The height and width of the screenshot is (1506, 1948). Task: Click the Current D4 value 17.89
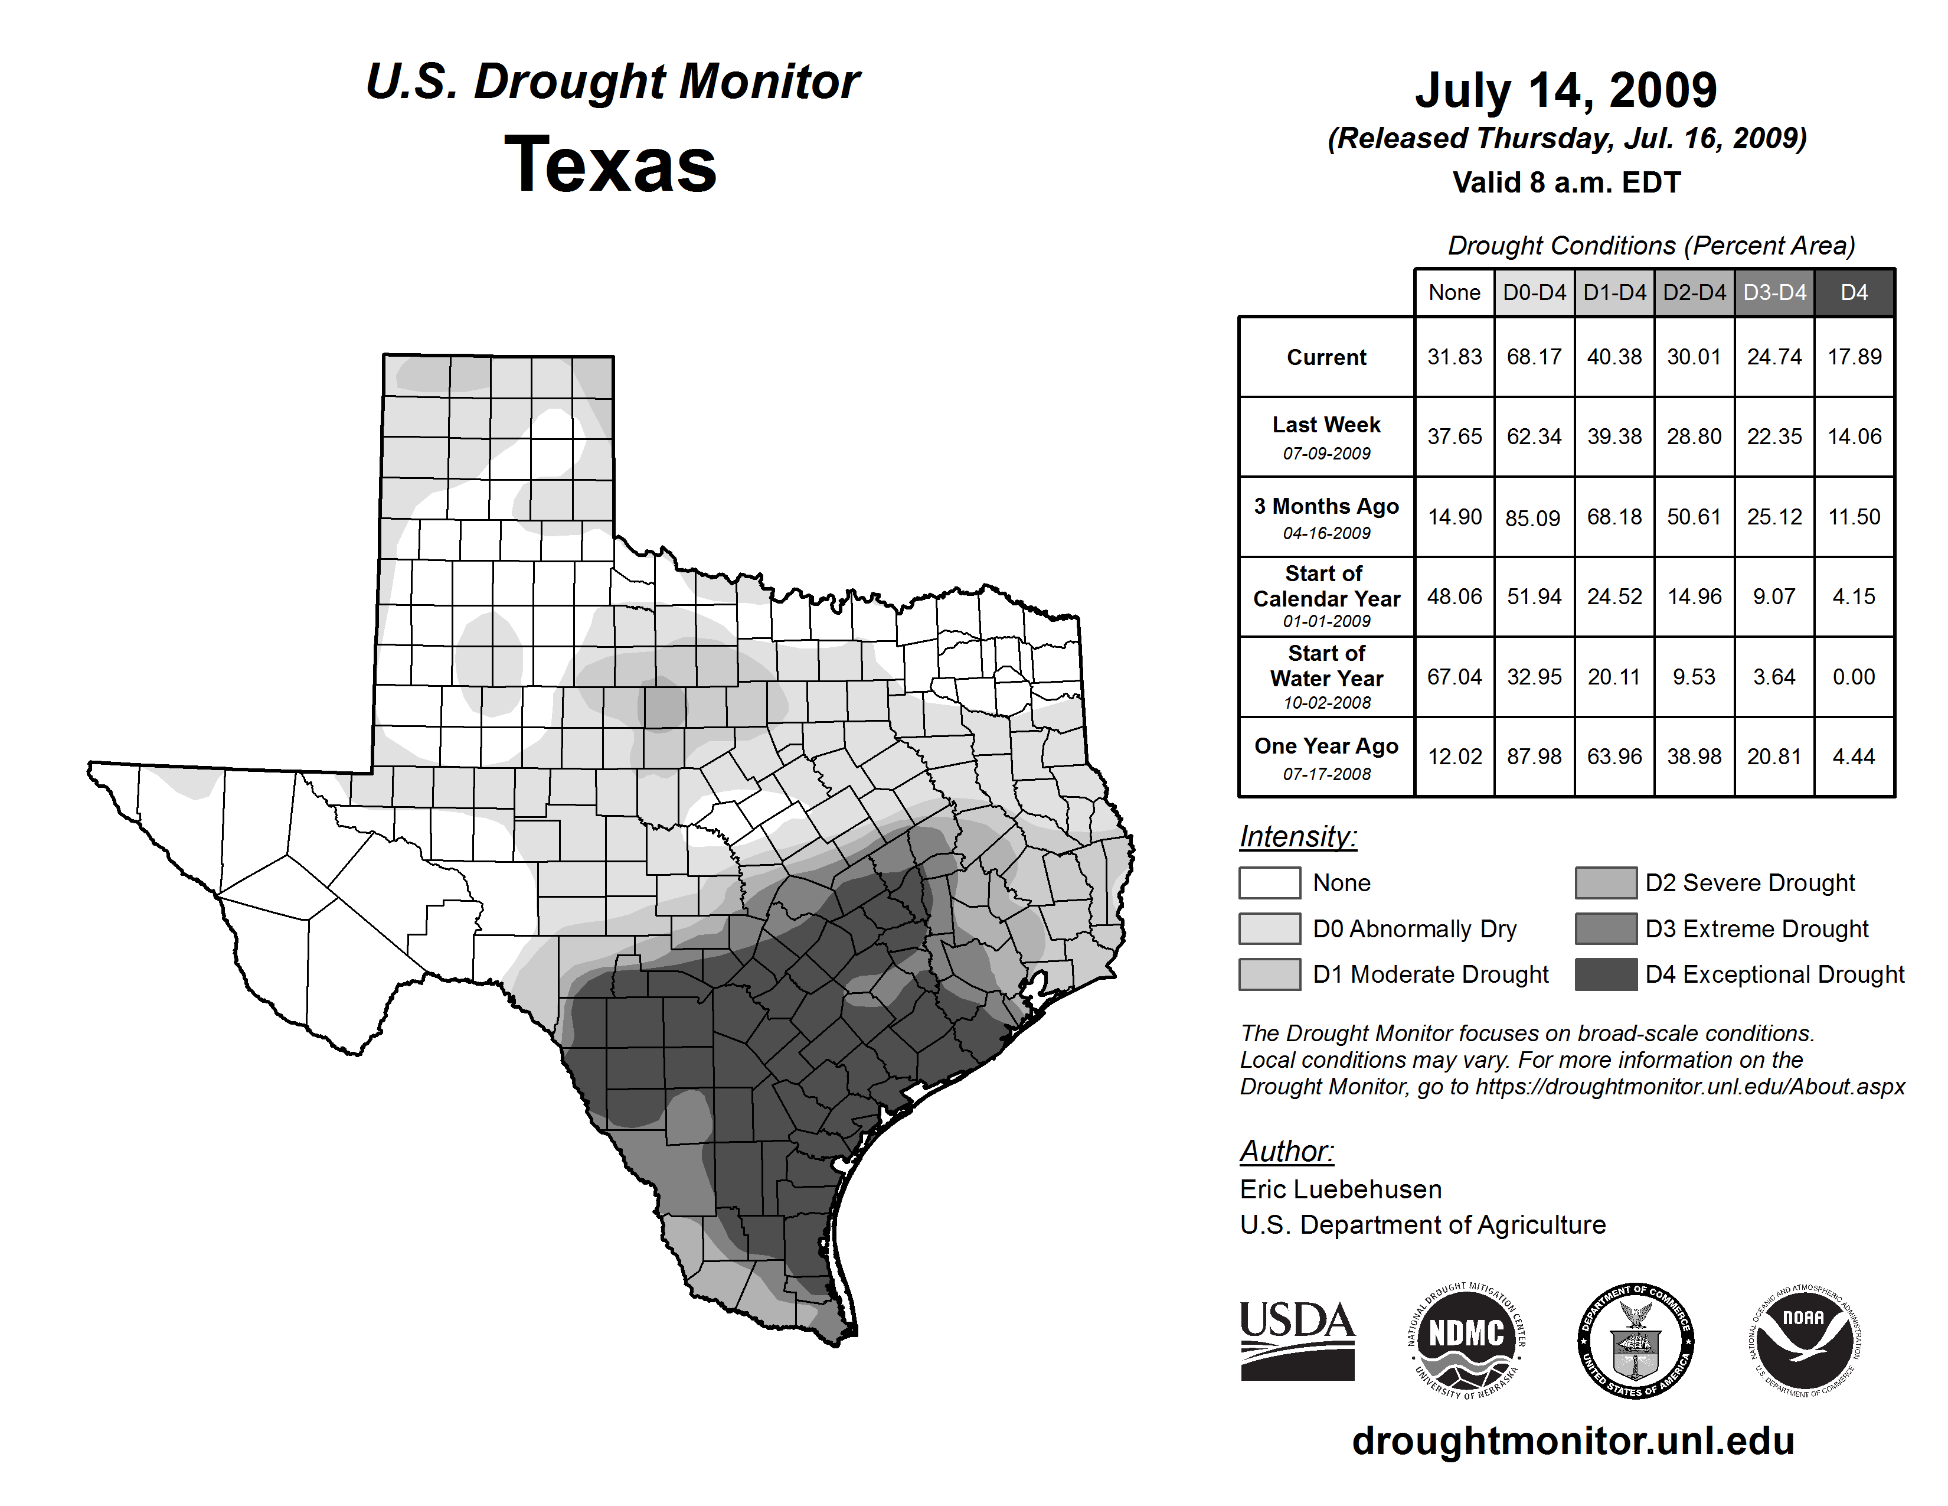(1854, 357)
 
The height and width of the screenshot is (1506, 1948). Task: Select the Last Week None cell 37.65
(1454, 436)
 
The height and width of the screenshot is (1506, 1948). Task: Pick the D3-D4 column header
(1774, 292)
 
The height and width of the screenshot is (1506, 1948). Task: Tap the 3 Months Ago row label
(1326, 517)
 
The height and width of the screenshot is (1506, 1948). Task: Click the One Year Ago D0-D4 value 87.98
(1534, 757)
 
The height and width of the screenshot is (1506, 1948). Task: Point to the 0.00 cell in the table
(1854, 677)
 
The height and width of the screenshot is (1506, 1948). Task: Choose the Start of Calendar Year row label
(1326, 596)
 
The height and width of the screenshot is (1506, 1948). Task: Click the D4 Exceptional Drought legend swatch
(1606, 974)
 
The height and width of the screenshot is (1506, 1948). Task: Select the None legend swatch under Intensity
(1269, 882)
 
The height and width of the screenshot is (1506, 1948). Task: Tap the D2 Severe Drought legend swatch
(1606, 882)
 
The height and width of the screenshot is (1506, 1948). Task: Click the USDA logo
(1297, 1340)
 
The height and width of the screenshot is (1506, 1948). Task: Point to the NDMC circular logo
(1466, 1340)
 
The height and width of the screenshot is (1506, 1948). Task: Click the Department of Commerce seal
(1636, 1340)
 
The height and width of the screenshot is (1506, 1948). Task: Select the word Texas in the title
(611, 164)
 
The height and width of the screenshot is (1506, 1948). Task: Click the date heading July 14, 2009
(1566, 90)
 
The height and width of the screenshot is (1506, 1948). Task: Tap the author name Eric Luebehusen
(1341, 1189)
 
